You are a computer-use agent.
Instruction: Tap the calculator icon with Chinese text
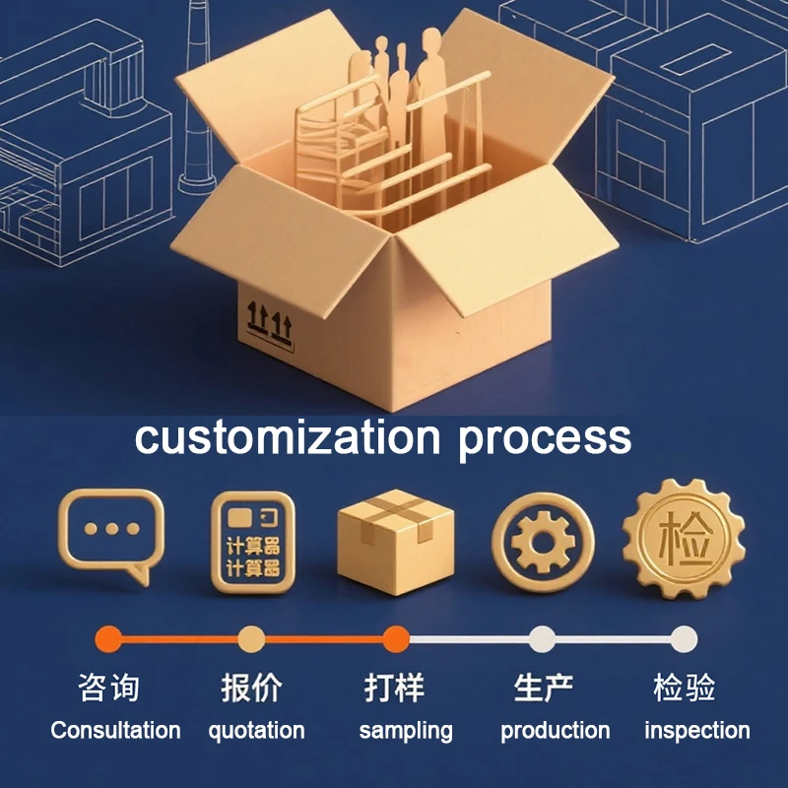253,543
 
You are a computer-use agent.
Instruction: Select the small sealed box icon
396,543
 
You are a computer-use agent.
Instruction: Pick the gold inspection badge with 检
684,539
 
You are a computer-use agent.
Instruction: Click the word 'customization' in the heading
288,437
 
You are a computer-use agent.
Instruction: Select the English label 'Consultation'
115,730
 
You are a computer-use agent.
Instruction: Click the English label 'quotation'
256,731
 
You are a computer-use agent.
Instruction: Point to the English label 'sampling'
406,731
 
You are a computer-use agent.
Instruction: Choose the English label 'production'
556,731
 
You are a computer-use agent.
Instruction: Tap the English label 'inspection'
697,731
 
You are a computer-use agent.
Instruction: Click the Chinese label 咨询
108,688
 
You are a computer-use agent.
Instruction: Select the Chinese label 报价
252,688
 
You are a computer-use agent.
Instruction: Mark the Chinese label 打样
395,688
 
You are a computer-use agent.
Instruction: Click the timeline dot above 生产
542,639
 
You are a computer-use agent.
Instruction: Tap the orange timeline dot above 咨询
109,639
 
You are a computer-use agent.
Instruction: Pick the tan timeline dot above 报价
251,639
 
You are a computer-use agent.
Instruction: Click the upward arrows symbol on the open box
269,322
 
